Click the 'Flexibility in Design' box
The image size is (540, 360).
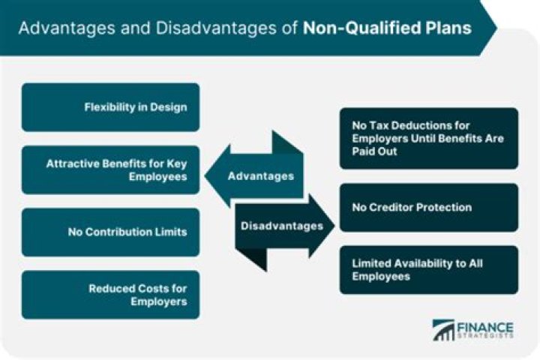110,107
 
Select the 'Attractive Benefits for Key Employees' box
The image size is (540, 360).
110,169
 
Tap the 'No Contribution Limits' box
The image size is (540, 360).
110,232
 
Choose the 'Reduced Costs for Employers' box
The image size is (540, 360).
110,294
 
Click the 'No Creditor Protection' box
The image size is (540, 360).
428,207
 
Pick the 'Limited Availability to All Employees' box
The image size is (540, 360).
428,270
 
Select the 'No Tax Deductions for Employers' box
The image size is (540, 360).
428,138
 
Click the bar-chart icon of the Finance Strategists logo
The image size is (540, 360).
442,331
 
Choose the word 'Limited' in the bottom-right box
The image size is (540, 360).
372,263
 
